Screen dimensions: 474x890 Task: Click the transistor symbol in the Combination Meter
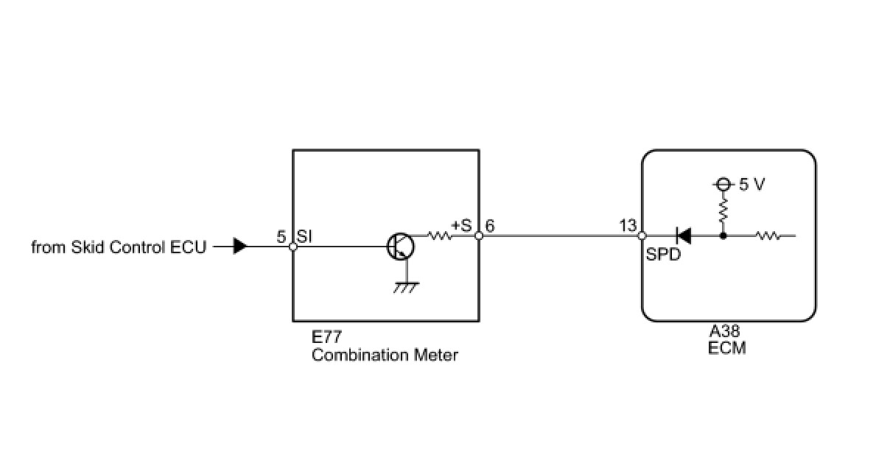click(x=400, y=246)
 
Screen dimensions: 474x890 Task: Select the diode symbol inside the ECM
click(x=683, y=236)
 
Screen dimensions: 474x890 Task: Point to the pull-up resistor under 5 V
click(x=723, y=210)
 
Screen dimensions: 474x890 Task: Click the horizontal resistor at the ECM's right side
click(x=768, y=236)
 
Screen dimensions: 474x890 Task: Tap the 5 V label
click(x=751, y=185)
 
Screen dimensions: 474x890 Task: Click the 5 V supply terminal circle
click(x=723, y=184)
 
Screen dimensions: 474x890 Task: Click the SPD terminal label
click(x=663, y=256)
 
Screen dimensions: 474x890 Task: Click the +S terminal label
click(x=461, y=225)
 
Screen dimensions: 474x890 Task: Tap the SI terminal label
click(x=306, y=236)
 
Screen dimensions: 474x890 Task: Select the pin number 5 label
click(x=281, y=237)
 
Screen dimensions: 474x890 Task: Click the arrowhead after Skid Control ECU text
click(x=240, y=247)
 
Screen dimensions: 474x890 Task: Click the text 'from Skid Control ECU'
click(x=119, y=247)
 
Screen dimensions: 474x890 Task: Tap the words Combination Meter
click(x=385, y=355)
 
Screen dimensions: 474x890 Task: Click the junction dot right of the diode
click(x=723, y=236)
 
